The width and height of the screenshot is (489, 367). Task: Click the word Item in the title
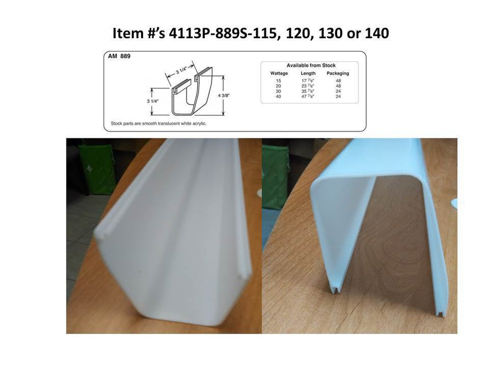point(128,33)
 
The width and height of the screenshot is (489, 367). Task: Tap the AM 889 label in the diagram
point(120,57)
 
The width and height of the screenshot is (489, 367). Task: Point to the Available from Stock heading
point(310,65)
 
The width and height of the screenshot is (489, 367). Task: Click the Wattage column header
point(279,74)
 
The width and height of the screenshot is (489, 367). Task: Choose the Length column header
point(308,74)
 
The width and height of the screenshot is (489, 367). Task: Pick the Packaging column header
point(338,74)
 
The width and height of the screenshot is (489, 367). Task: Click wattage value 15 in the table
point(278,81)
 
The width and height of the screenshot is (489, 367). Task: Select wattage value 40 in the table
point(278,96)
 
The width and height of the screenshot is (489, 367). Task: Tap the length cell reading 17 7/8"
point(308,81)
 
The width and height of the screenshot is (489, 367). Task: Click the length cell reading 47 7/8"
point(308,96)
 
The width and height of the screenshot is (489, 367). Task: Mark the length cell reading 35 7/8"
point(308,91)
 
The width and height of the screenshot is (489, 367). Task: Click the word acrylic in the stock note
point(199,124)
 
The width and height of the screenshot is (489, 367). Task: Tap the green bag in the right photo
point(275,175)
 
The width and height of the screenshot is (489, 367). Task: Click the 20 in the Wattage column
point(278,86)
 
